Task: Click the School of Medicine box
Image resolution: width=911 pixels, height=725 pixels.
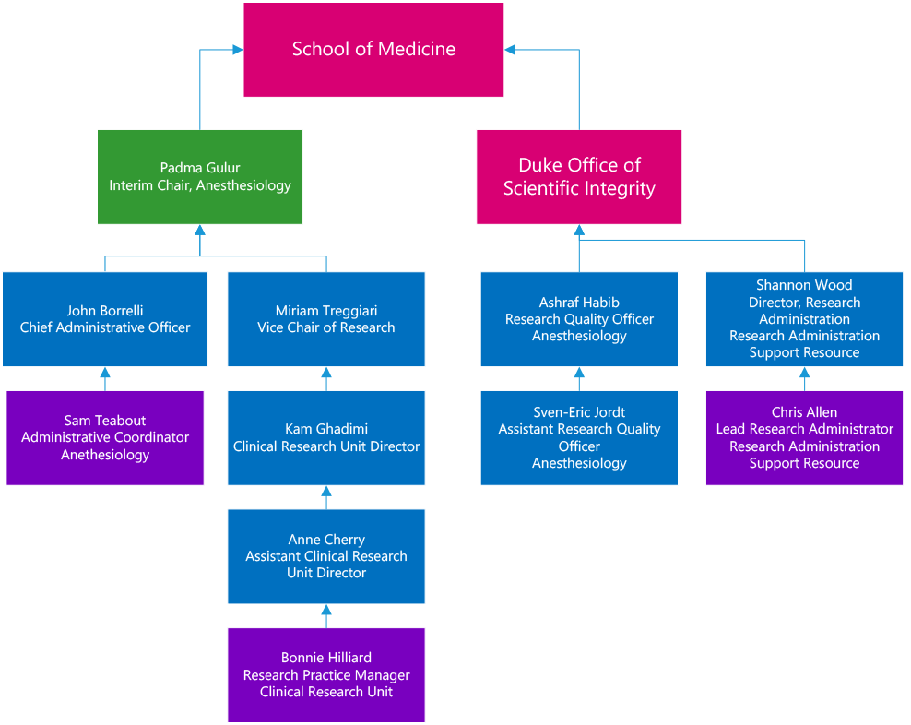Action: tap(373, 50)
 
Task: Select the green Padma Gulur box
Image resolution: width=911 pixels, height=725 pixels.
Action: tap(200, 177)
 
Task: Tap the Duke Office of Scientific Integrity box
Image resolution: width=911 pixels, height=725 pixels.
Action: tap(579, 177)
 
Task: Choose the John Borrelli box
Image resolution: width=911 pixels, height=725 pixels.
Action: tap(105, 319)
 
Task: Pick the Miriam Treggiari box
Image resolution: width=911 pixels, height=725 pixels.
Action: tap(326, 319)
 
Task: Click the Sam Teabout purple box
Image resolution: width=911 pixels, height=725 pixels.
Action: tap(105, 437)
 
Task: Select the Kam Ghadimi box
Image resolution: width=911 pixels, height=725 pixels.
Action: tap(326, 437)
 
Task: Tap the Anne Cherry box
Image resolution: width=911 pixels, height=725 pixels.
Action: tap(326, 556)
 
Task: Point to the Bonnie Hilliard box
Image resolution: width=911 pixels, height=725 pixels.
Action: tap(326, 674)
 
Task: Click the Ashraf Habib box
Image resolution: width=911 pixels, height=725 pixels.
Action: tap(579, 319)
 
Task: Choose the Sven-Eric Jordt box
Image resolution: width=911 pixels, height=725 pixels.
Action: tap(579, 437)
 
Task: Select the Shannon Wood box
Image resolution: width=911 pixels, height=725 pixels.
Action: tap(804, 319)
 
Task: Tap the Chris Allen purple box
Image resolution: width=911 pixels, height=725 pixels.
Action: tap(804, 437)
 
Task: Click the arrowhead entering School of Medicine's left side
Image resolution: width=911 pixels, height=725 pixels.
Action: tap(236, 50)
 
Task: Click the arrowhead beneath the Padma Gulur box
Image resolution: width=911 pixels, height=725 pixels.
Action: tap(200, 231)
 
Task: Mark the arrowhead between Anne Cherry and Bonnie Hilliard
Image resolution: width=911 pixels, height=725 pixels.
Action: tap(326, 611)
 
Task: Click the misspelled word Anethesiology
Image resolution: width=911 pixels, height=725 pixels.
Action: tap(105, 455)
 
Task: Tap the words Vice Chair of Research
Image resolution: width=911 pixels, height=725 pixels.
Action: tap(326, 327)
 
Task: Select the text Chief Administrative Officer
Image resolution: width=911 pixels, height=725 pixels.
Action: tap(105, 327)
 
